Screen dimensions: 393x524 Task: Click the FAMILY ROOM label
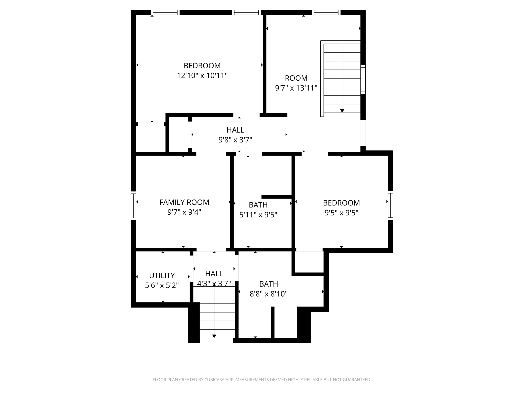(184, 202)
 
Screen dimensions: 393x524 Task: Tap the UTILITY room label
(162, 276)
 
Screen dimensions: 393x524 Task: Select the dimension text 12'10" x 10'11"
(202, 76)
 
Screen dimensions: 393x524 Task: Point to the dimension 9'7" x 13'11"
(296, 88)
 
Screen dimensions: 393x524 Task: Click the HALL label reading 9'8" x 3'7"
(235, 130)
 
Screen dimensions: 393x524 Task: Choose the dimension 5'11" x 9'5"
(258, 215)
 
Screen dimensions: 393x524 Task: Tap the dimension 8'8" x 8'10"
(268, 294)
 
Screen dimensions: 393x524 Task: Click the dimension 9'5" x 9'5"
(341, 213)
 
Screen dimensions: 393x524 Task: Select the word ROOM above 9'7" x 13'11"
(296, 78)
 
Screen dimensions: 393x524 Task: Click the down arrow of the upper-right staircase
(342, 111)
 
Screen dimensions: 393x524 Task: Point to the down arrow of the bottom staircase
(214, 336)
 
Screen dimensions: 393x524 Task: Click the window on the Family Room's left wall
(133, 205)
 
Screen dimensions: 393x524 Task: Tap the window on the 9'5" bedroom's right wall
(390, 205)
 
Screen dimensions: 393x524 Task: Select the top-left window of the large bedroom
(165, 12)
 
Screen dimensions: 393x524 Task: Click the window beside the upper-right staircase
(363, 79)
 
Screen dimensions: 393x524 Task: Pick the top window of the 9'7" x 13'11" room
(326, 12)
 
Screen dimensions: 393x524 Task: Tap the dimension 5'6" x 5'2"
(162, 286)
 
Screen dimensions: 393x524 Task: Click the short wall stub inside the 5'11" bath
(277, 197)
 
